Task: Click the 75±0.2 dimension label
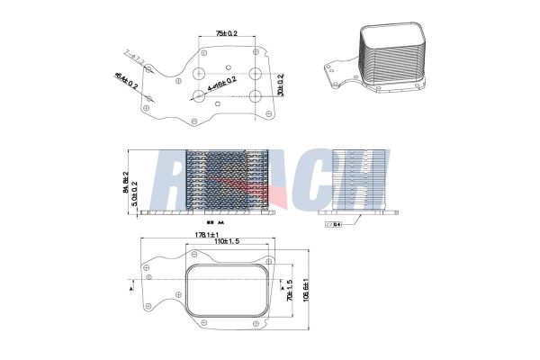[228, 33]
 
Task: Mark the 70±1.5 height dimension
[290, 290]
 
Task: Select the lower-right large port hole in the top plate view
[256, 95]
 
